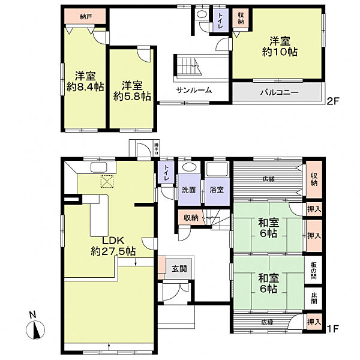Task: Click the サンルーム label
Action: coord(193,91)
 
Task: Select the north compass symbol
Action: coord(35,328)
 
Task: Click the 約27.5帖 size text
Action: coord(113,251)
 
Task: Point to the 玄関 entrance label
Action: coord(178,268)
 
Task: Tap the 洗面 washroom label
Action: coord(188,191)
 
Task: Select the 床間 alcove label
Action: coord(314,297)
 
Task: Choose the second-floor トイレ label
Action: coord(221,20)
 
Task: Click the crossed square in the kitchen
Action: coord(107,181)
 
